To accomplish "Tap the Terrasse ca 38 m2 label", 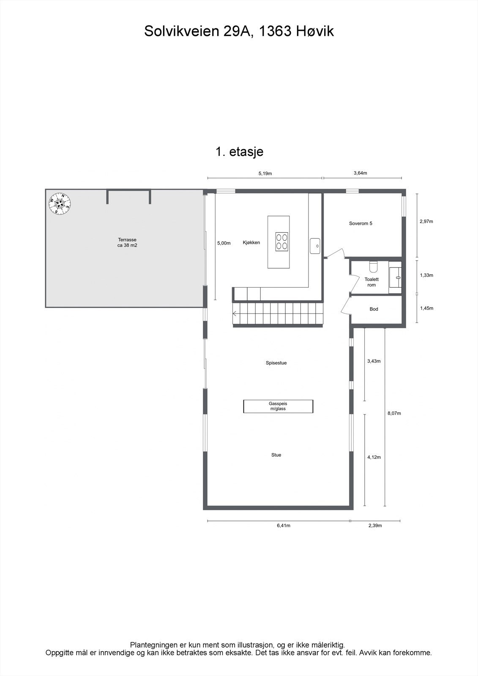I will tap(127, 242).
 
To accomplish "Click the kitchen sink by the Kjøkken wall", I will tap(315, 246).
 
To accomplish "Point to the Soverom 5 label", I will tap(361, 223).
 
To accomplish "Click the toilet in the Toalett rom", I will tap(373, 267).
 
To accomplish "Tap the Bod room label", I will tap(374, 309).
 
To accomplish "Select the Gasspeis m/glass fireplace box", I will tap(278, 406).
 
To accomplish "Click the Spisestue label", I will tap(276, 363).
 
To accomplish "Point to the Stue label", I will tap(276, 455).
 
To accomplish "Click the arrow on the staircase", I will tap(235, 313).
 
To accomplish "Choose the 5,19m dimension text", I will tap(265, 173).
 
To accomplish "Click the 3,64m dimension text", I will tap(360, 173).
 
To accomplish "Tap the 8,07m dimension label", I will tap(394, 413).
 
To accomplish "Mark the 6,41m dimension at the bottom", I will tap(283, 526).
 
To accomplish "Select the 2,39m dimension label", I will tap(375, 526).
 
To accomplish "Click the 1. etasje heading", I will tap(240, 152).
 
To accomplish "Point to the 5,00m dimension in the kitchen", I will tap(224, 243).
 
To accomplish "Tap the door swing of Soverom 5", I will tap(336, 252).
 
